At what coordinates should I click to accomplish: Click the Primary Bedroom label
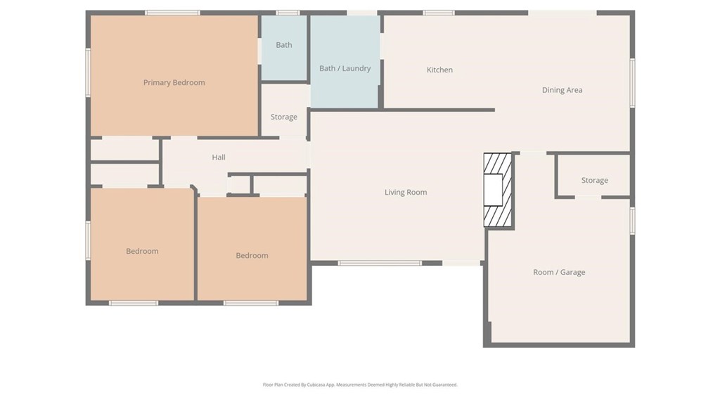174,82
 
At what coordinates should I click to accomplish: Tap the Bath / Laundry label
345,68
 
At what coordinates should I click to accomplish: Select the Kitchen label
439,70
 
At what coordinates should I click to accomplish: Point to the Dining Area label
562,90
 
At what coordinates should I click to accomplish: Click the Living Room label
405,192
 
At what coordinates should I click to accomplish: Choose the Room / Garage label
558,272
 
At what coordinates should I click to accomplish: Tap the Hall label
219,158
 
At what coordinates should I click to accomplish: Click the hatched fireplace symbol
498,190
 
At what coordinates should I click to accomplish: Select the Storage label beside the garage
594,180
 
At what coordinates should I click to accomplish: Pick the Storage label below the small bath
283,117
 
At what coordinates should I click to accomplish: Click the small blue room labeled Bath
283,45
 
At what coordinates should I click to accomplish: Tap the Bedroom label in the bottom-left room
142,251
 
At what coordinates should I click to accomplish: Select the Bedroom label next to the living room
252,255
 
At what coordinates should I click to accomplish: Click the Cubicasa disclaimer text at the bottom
360,385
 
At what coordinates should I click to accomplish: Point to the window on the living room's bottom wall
380,263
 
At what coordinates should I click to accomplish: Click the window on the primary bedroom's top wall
172,13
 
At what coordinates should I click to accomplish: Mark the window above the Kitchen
439,13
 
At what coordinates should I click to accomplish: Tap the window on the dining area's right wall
632,83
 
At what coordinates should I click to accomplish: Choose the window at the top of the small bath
287,13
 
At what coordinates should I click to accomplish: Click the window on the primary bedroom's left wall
88,72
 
